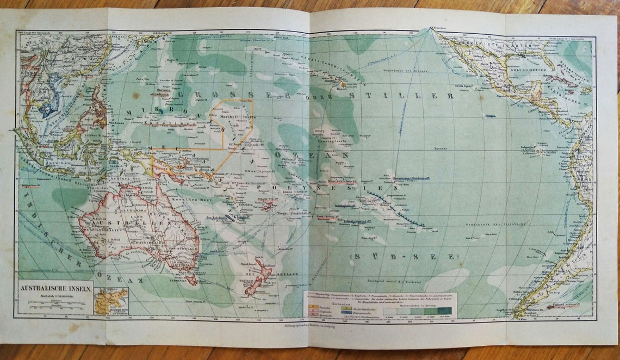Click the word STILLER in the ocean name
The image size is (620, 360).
click(427, 96)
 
